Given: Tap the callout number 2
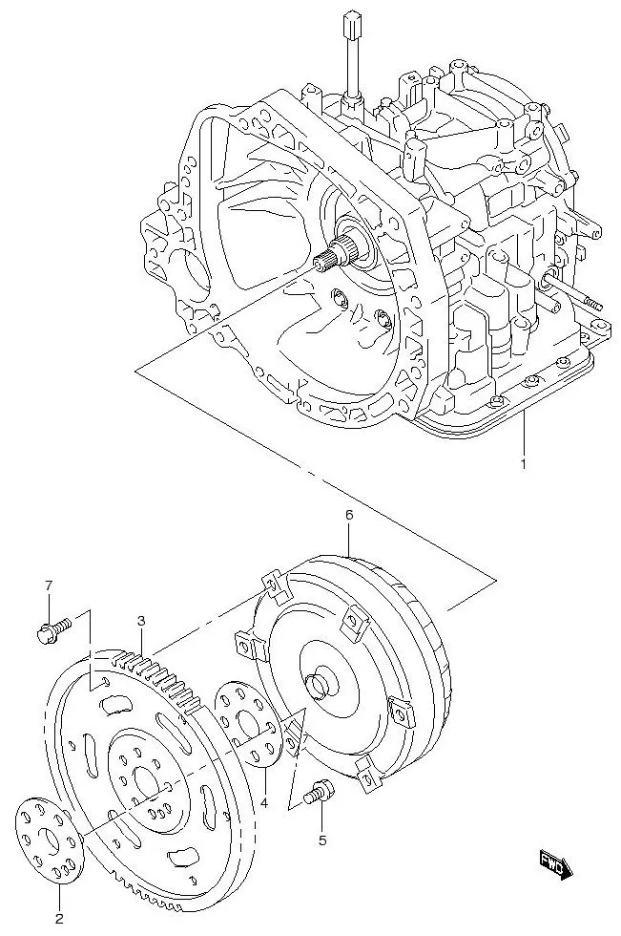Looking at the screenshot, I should click(59, 919).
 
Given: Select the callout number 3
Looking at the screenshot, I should click(141, 621).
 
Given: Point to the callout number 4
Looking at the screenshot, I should click(264, 802).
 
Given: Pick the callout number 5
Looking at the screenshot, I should click(321, 840).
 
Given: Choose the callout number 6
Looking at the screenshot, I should click(349, 515).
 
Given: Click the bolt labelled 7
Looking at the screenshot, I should click(52, 629).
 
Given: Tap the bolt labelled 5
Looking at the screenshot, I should click(319, 791).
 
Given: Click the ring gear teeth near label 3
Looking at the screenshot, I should click(157, 668).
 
